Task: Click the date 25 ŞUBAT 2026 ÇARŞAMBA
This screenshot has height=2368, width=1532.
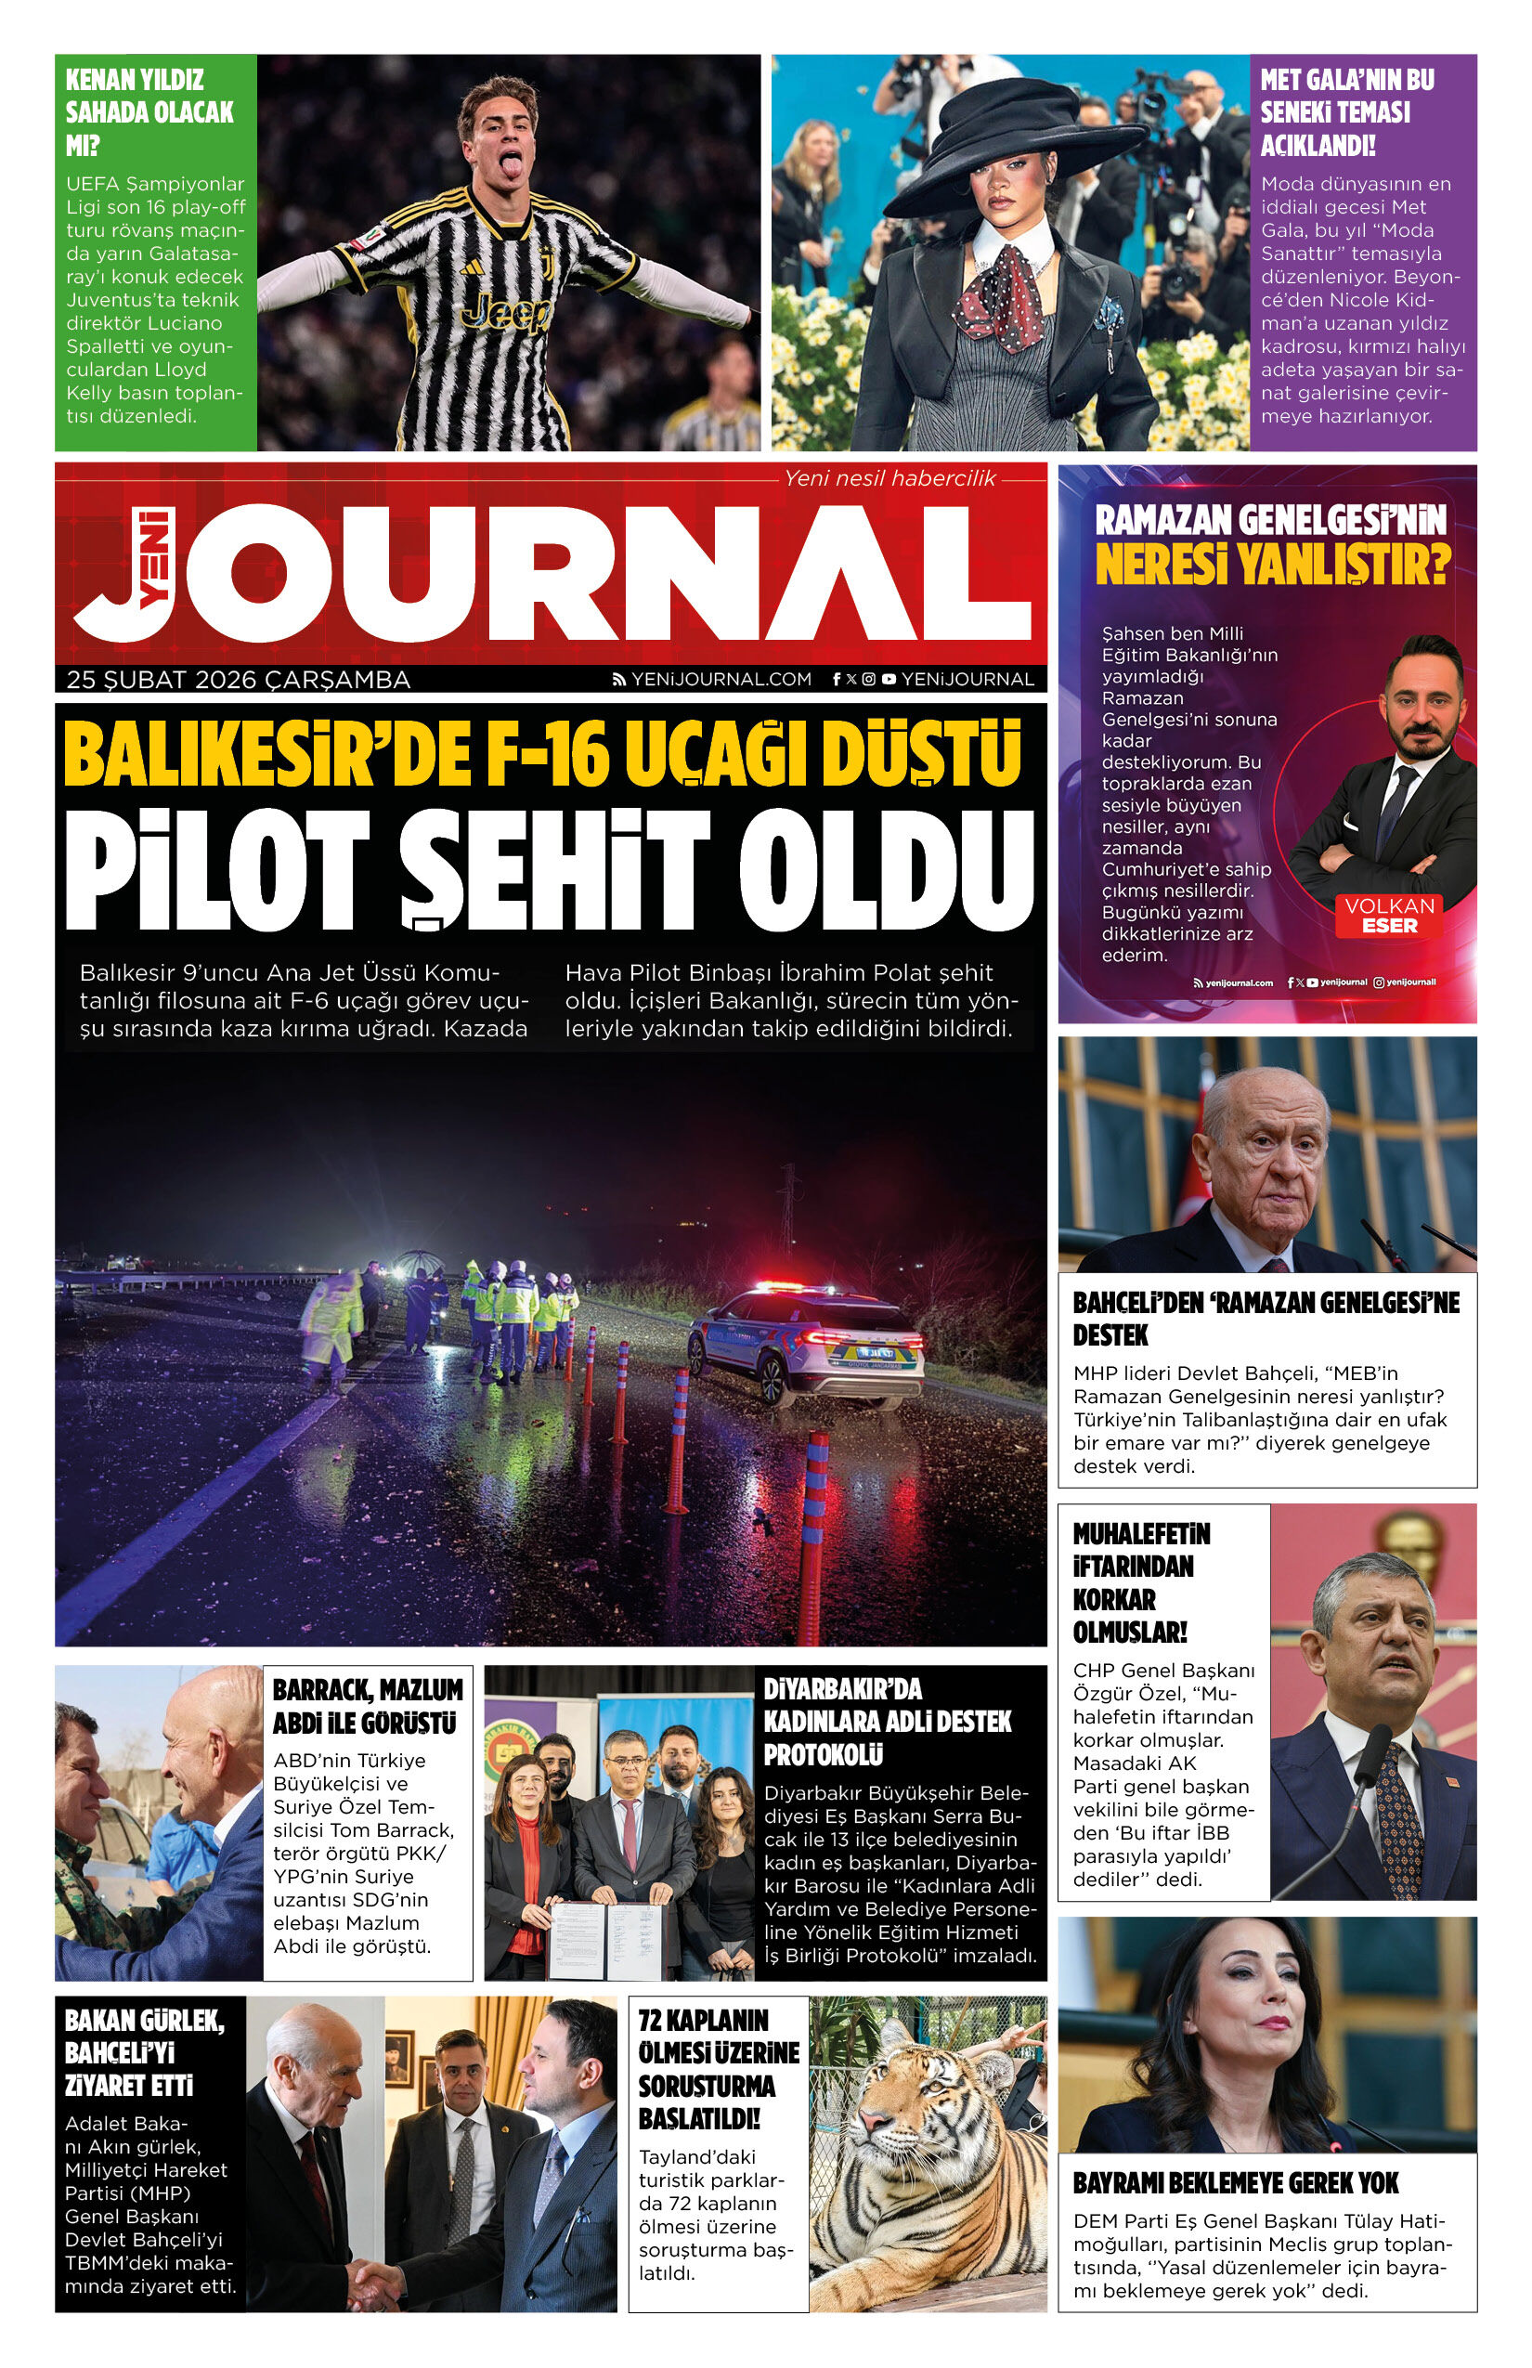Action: coord(238,680)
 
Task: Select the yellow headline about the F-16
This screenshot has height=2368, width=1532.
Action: coord(543,755)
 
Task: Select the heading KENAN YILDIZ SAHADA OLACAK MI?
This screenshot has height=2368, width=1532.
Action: coord(150,112)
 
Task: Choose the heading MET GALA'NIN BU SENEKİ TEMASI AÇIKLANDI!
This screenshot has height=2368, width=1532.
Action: coord(1347,112)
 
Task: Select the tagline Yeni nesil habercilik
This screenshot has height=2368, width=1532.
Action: coord(889,478)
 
